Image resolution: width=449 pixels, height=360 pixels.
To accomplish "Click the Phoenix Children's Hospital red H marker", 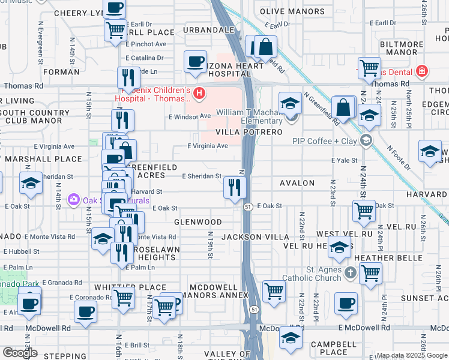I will click(x=199, y=94).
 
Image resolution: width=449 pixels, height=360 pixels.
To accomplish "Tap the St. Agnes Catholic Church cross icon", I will click(x=351, y=274).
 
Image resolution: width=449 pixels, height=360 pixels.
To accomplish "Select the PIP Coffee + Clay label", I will click(x=325, y=141).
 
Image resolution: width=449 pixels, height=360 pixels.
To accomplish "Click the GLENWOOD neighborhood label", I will click(x=198, y=222).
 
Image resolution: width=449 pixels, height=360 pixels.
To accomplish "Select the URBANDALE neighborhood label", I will click(x=208, y=29).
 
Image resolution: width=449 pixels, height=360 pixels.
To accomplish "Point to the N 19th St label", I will click(x=211, y=246).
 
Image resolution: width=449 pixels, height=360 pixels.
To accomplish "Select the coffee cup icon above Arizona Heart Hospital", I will click(x=195, y=62).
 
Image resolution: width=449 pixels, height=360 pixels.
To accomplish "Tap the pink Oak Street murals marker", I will click(x=74, y=199).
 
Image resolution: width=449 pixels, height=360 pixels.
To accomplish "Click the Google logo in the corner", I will click(x=20, y=353).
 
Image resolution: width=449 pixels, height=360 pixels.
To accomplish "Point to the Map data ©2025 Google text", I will click(x=412, y=355).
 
